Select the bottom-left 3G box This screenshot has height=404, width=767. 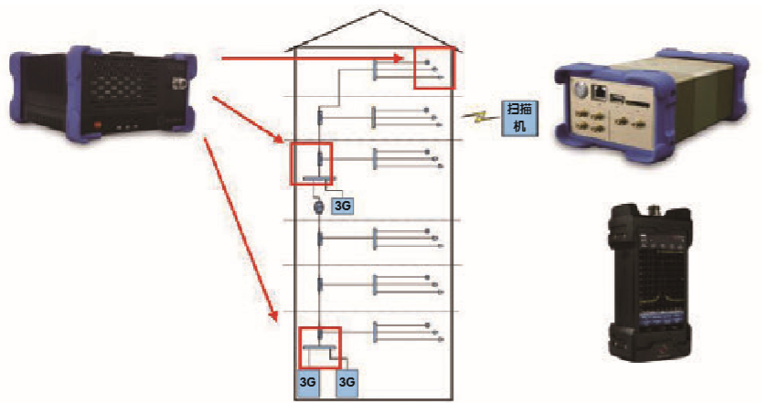pos(308,383)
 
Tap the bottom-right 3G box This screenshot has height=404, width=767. pos(346,383)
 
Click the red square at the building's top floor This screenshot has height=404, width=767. pos(433,67)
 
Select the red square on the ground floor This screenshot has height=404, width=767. pos(320,347)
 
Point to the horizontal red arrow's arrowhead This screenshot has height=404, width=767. pos(399,59)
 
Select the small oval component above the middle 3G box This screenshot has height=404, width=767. pos(319,207)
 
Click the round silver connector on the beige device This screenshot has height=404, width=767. pos(579,91)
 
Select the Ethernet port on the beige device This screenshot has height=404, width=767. pos(600,90)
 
